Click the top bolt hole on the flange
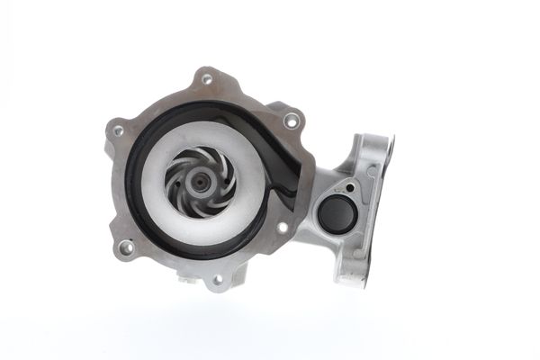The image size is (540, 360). coord(206,78)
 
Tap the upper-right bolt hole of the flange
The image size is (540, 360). coord(290,119)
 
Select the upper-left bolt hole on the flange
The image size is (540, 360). coord(118,131)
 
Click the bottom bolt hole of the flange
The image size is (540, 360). coord(216,280)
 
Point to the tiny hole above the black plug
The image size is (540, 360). coord(350,189)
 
